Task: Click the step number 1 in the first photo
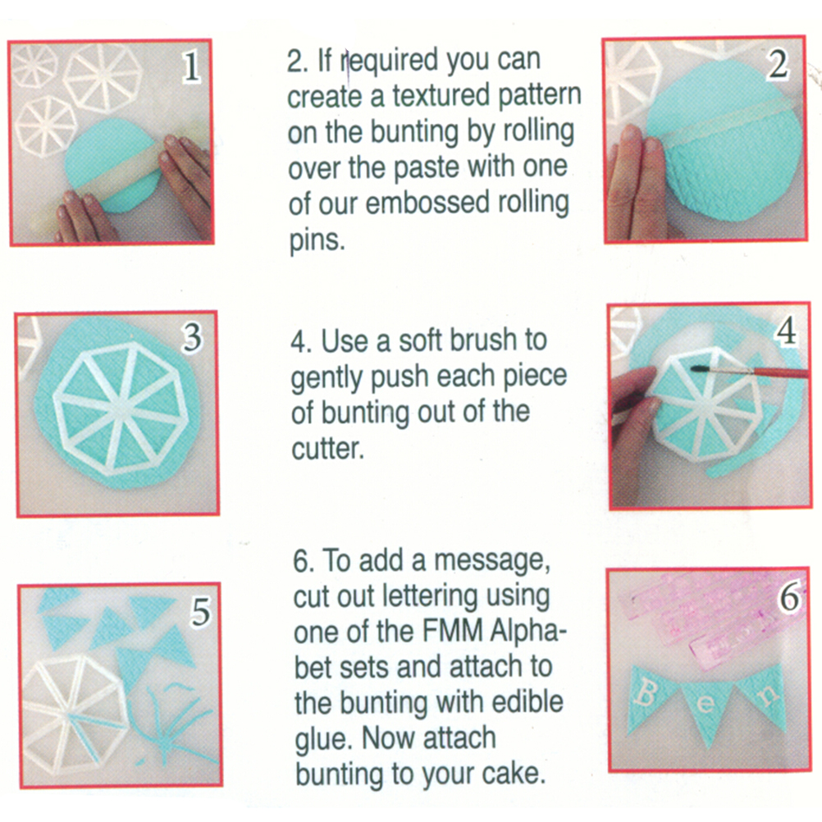(x=191, y=66)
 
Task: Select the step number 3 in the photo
(x=192, y=336)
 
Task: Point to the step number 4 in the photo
(x=786, y=331)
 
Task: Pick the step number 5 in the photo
(x=199, y=611)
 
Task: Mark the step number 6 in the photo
(x=789, y=596)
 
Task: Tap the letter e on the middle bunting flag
(x=706, y=704)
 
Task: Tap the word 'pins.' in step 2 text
(x=317, y=240)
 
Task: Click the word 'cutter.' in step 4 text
(x=327, y=449)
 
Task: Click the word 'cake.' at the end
(x=514, y=774)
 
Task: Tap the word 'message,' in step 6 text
(x=492, y=561)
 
